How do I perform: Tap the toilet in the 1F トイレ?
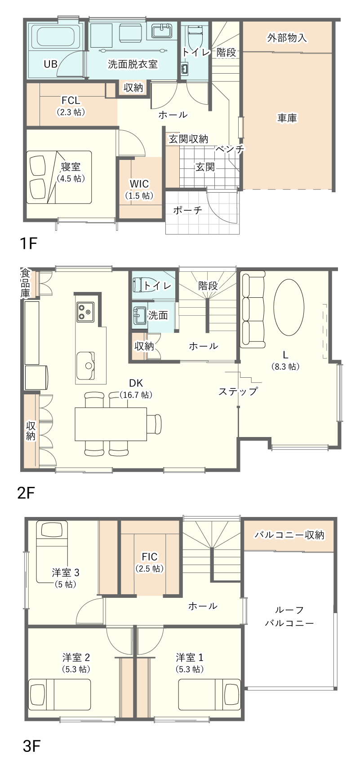(195, 36)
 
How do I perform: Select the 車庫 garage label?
(287, 118)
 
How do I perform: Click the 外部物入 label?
(287, 38)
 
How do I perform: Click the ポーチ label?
(187, 210)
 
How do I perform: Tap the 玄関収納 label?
(188, 139)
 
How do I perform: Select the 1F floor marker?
(27, 243)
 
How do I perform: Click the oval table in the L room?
(289, 307)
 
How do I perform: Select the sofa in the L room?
(253, 309)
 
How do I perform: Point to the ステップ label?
(238, 391)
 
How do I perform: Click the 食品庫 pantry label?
(25, 283)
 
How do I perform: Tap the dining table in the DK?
(111, 424)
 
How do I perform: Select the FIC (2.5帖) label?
(150, 562)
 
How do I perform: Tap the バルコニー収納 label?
(289, 535)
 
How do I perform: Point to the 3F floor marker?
(31, 746)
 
